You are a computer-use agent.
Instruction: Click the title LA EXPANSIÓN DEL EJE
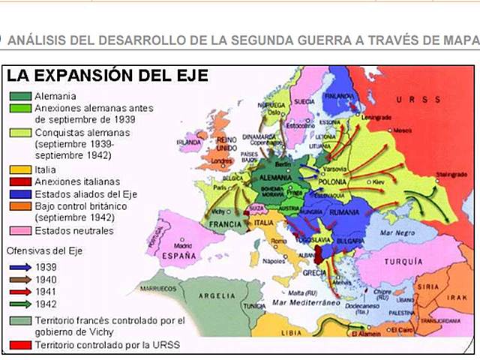[107, 76]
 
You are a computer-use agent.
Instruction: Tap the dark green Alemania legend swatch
[20, 96]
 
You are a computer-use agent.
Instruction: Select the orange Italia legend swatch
[20, 170]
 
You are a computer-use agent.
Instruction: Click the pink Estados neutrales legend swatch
[20, 230]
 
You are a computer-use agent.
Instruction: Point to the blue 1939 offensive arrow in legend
[20, 266]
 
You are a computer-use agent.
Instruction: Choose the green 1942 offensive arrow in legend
[20, 304]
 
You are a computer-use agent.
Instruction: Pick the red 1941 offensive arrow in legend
[20, 291]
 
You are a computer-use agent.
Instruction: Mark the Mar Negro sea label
[398, 232]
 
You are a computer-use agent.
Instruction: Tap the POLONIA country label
[331, 181]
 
